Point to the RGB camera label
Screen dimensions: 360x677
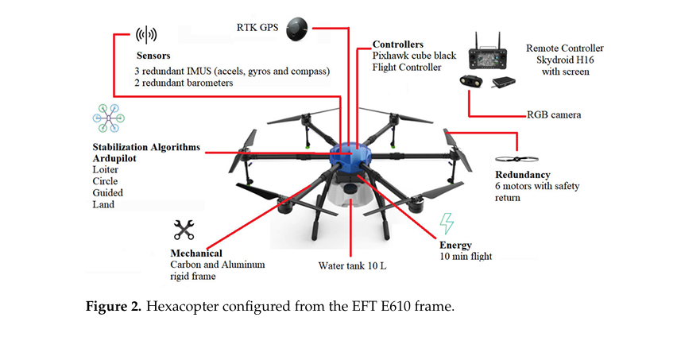point(554,114)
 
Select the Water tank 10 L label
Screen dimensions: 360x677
point(352,265)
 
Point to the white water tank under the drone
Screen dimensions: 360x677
point(350,191)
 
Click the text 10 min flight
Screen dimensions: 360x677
point(466,256)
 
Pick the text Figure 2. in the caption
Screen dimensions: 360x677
point(113,307)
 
